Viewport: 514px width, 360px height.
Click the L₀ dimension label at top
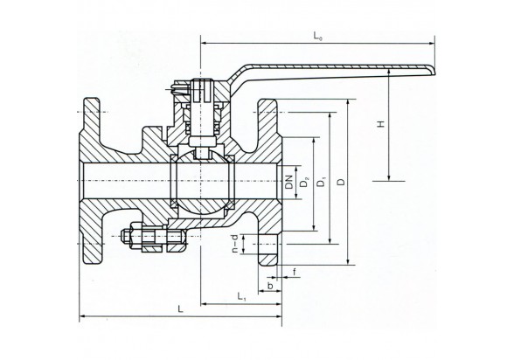317,36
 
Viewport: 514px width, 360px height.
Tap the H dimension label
380,124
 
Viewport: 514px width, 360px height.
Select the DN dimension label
288,182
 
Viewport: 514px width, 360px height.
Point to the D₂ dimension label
304,182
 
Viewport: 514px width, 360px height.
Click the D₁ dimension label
322,182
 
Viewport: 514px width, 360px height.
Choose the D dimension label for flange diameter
342,182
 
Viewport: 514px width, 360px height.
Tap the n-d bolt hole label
234,244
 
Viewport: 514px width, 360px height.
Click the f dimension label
295,272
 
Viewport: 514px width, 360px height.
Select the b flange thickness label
270,286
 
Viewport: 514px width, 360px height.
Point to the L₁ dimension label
241,297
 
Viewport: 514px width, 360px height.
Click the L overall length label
180,309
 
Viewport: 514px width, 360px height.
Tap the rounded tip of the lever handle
434,70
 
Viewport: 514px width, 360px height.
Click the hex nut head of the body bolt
136,236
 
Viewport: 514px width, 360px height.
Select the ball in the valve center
203,181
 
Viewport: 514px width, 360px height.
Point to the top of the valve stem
201,80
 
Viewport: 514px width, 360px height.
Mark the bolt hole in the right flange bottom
270,244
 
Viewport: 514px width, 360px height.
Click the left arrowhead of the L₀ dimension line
203,43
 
